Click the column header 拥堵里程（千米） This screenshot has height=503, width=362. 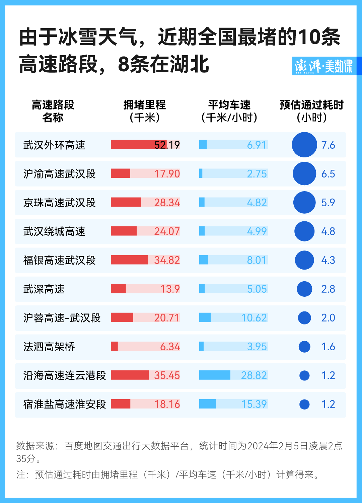point(145,111)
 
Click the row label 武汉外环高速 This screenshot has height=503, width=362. point(54,145)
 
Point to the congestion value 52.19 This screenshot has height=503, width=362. point(167,145)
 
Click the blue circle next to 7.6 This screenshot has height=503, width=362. point(304,145)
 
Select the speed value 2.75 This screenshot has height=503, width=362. point(257,174)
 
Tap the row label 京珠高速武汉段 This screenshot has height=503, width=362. point(59,203)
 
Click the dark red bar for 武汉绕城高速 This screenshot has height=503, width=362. point(124,231)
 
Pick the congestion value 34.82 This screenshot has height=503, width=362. point(167,260)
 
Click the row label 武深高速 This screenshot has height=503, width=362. point(44,289)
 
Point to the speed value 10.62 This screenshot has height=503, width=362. point(254,318)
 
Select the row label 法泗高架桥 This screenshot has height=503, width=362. point(49,347)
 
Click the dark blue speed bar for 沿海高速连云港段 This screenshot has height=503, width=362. point(215,375)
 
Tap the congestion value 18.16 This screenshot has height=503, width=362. point(167,404)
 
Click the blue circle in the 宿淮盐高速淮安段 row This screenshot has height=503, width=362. point(304,405)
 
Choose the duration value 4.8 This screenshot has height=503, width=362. point(328,231)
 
